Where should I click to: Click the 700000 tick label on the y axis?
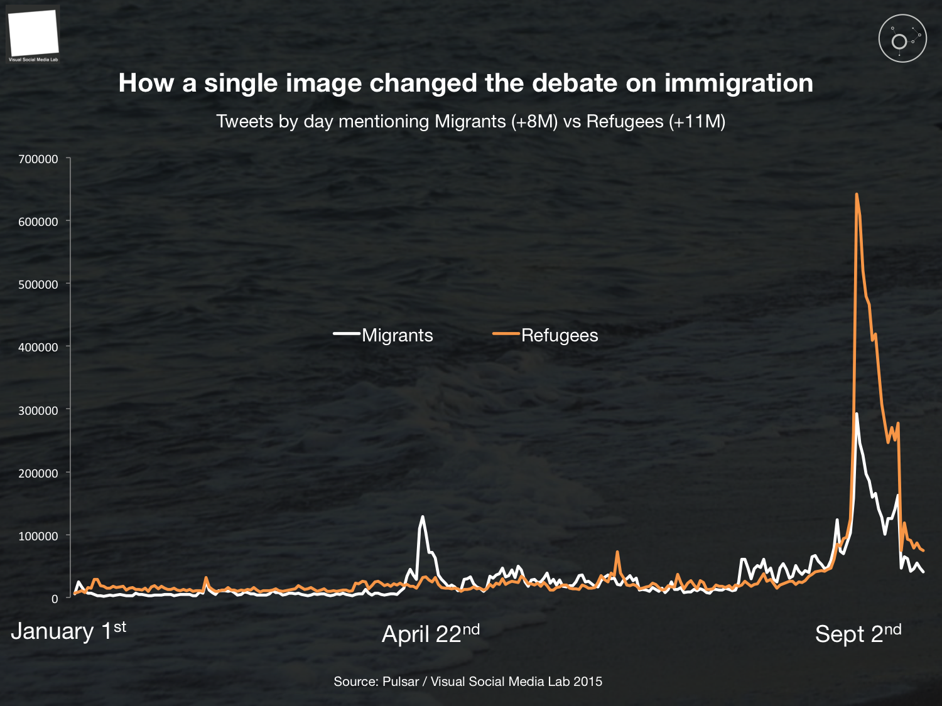point(38,159)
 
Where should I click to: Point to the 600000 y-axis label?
point(38,222)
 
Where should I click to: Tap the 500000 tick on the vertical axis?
point(38,285)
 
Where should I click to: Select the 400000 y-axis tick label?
point(38,348)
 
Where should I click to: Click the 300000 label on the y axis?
point(38,410)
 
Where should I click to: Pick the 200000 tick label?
point(38,473)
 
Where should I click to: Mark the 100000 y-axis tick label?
point(38,536)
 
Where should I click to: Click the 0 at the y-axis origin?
point(55,599)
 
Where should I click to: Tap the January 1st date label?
point(68,631)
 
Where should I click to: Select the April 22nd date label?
point(431,634)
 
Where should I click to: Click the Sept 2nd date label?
point(858,634)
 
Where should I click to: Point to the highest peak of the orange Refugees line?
point(857,195)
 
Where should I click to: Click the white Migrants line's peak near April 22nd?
point(422,517)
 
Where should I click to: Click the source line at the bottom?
point(468,682)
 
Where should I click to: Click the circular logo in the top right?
point(902,38)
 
